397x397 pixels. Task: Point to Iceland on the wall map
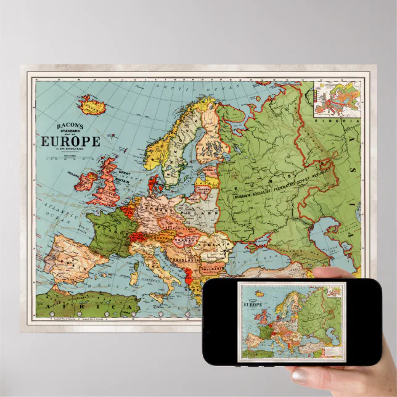92,106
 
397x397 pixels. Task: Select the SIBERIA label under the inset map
345,122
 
